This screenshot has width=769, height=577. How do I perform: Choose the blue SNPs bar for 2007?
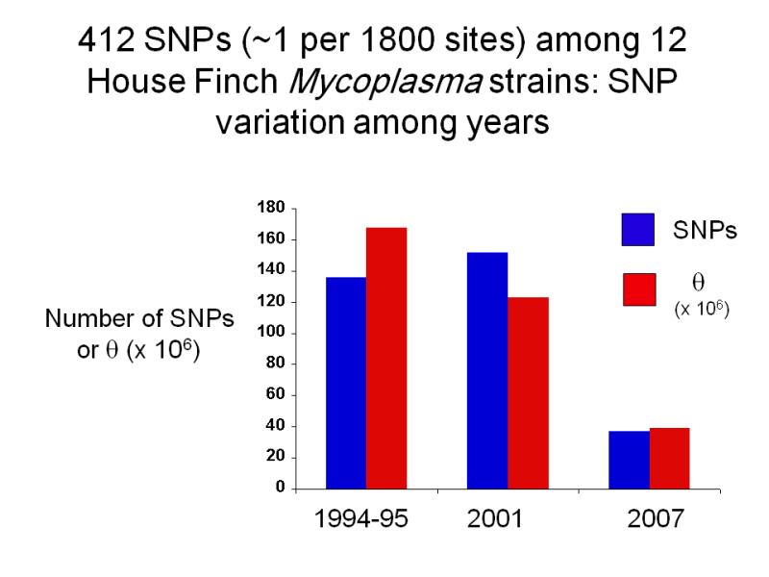coord(629,460)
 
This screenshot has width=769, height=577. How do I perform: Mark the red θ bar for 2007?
coord(669,459)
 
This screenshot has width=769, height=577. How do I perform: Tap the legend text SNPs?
coord(705,232)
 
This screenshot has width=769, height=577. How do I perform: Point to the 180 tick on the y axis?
coord(272,208)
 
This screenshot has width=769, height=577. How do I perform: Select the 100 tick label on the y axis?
coord(272,333)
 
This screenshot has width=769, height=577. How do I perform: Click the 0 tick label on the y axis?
coord(280,489)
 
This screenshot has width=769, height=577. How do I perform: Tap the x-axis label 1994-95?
coord(362,519)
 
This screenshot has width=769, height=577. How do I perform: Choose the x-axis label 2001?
coord(494,519)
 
